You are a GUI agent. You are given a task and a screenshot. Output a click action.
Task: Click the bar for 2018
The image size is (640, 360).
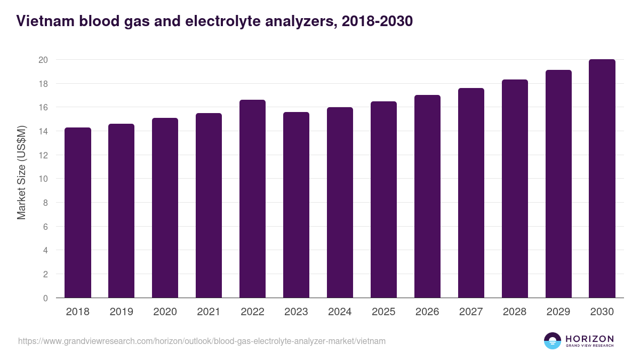(x=78, y=213)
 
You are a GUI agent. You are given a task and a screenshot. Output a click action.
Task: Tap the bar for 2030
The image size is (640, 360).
(x=602, y=179)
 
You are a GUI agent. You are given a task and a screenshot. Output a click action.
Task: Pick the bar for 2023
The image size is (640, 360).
(x=296, y=205)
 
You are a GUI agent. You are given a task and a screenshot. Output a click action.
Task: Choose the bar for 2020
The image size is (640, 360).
(x=165, y=208)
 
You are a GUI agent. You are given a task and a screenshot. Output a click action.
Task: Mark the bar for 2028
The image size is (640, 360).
(x=515, y=189)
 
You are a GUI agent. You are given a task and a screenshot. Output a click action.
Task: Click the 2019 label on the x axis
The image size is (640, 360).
(x=121, y=312)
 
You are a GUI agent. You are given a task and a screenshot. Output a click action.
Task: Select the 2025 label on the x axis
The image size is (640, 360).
(x=383, y=312)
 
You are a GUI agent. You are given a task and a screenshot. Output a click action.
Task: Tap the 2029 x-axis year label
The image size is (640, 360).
(x=558, y=312)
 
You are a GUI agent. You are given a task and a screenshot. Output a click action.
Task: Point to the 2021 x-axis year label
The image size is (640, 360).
(x=209, y=312)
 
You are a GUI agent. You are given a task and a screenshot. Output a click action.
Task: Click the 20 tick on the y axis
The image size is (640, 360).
(x=43, y=60)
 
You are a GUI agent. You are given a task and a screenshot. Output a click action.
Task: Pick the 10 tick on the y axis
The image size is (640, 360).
(x=43, y=179)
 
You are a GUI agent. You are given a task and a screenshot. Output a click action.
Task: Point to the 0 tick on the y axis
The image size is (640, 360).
(x=45, y=298)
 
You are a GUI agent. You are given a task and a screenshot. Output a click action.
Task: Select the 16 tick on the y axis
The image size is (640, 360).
(x=43, y=108)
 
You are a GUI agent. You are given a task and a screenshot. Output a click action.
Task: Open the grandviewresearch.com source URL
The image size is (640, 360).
(x=202, y=341)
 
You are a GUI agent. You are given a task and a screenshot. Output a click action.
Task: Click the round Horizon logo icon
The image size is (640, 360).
(x=552, y=341)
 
